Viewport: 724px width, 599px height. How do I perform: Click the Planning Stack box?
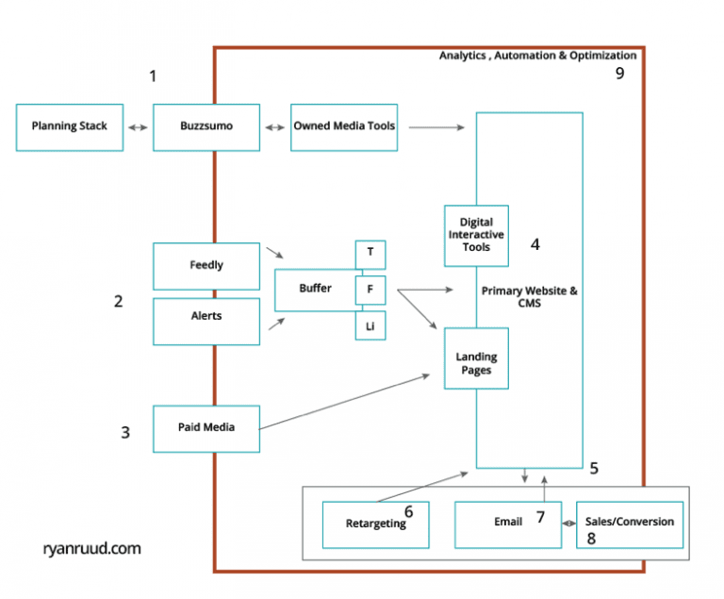(70, 126)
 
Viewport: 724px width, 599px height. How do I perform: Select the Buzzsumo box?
(206, 126)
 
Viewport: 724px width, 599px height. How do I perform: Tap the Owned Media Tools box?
(344, 126)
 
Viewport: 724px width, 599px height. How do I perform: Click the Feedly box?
(206, 266)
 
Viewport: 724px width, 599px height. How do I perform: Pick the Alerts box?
(206, 317)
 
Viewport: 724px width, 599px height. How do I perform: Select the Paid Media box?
(206, 428)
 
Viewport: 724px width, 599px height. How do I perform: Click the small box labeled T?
(370, 254)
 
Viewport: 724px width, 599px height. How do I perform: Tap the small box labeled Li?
(370, 325)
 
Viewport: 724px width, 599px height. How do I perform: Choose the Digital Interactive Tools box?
(476, 236)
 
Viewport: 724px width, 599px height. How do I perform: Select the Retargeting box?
(375, 524)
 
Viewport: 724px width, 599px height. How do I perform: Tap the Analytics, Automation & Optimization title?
(537, 56)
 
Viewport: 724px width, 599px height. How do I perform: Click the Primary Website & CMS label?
(530, 297)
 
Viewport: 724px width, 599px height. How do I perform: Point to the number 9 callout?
(620, 75)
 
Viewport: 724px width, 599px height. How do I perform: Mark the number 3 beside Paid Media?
(125, 433)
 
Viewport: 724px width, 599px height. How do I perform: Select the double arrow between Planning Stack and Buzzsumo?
(138, 126)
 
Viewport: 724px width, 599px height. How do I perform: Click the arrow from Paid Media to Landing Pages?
(344, 403)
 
